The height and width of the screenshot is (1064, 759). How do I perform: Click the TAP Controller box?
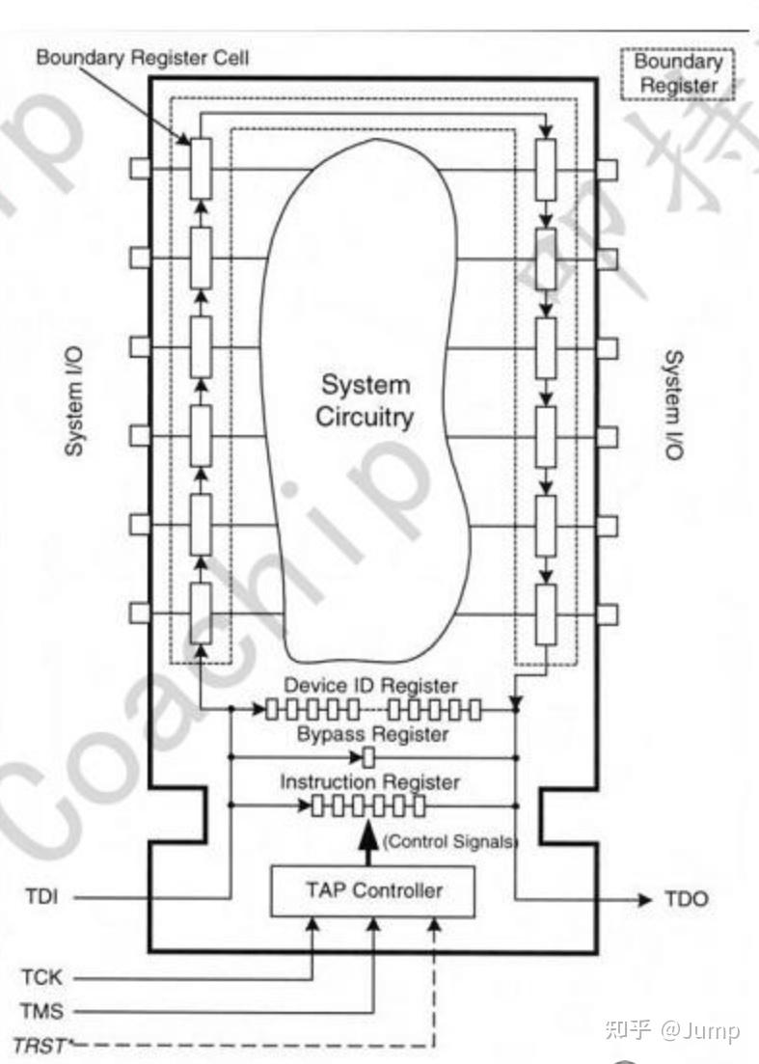pos(373,889)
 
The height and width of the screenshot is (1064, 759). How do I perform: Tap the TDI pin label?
pos(41,898)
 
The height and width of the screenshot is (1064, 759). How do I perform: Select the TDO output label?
pos(686,899)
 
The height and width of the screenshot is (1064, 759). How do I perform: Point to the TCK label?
pos(41,977)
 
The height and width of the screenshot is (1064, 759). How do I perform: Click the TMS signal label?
pos(41,1011)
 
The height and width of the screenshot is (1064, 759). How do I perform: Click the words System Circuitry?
pos(365,400)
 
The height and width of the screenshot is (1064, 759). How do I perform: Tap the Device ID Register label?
pos(369,685)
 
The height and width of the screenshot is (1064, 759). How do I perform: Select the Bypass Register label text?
pos(372,734)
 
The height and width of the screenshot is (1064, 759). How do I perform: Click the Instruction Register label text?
pos(369,780)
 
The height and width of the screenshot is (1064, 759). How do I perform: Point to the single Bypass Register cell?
pos(367,757)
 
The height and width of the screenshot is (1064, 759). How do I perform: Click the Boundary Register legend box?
pos(679,73)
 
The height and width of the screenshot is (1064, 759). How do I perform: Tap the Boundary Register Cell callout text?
pos(142,58)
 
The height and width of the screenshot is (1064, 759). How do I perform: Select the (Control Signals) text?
pos(450,841)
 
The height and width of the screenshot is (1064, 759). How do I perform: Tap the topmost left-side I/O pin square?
pos(140,169)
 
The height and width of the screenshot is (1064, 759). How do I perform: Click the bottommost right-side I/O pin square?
pos(607,614)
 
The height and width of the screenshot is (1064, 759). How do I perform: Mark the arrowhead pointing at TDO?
pos(644,899)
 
